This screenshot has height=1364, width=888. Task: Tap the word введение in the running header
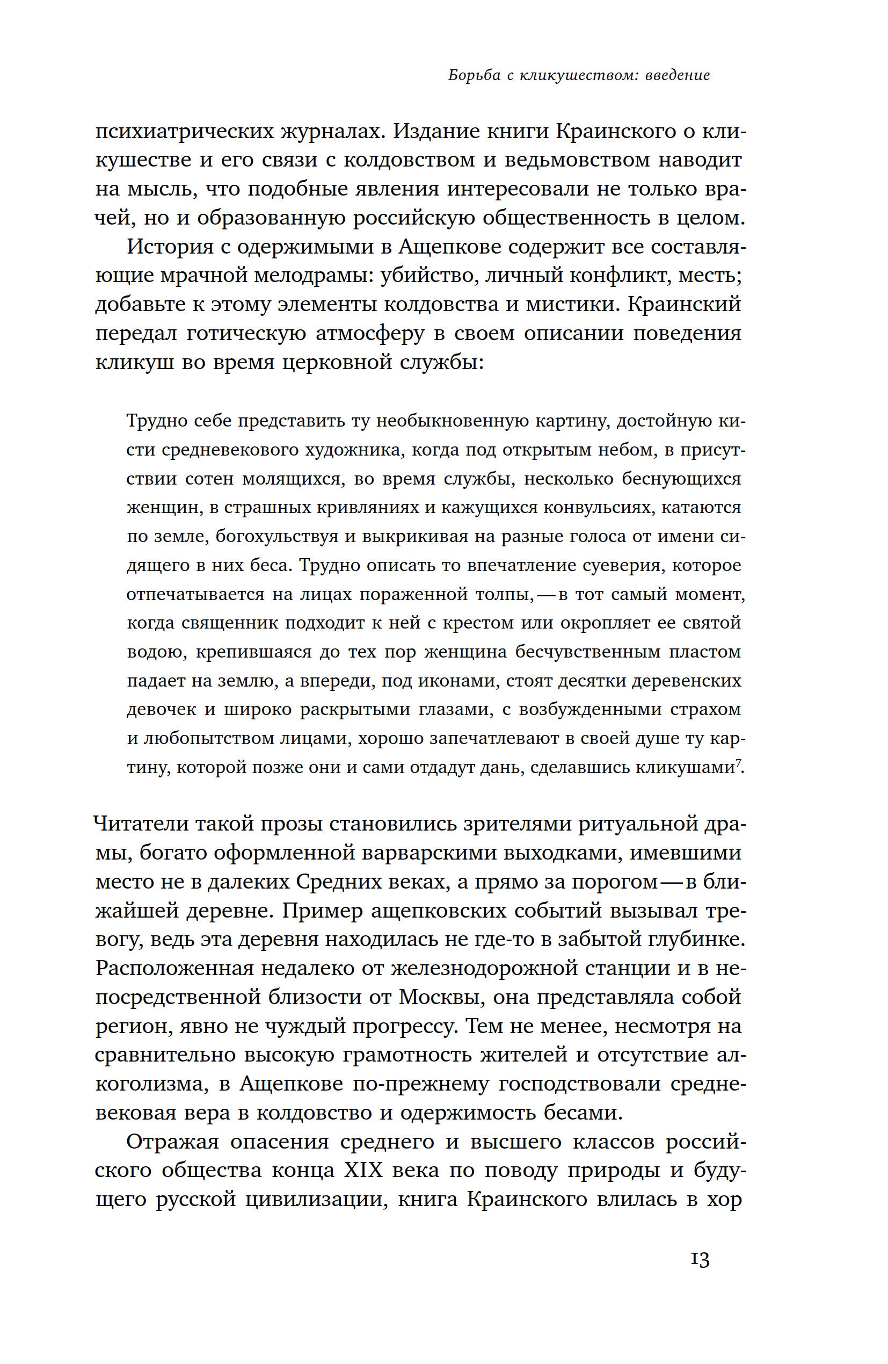(x=677, y=75)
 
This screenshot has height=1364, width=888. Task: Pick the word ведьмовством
(x=576, y=160)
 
